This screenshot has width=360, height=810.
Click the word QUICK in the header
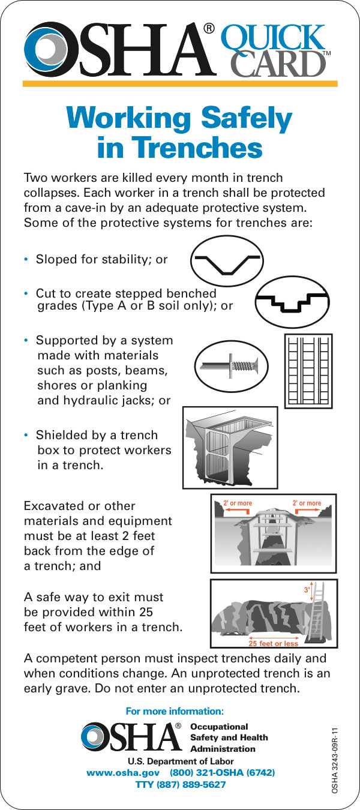click(273, 38)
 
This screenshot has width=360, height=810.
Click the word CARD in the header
click(278, 64)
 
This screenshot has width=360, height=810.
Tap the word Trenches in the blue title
click(199, 148)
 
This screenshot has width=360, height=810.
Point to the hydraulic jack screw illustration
click(232, 367)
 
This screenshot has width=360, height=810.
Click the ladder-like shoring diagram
click(308, 371)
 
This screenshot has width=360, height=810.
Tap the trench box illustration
click(230, 448)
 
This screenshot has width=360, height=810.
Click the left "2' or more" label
click(238, 503)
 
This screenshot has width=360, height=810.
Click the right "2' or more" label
click(307, 503)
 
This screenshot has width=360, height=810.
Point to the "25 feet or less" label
click(273, 643)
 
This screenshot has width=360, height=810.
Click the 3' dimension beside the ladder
click(307, 590)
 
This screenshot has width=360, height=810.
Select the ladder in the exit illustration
click(317, 611)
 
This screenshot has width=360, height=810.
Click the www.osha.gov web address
click(123, 772)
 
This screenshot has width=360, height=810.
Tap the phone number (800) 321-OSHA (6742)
click(222, 772)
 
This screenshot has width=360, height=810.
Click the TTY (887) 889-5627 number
click(181, 785)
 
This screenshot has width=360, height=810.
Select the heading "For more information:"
click(175, 711)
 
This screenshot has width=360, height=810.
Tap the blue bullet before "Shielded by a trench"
click(26, 435)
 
